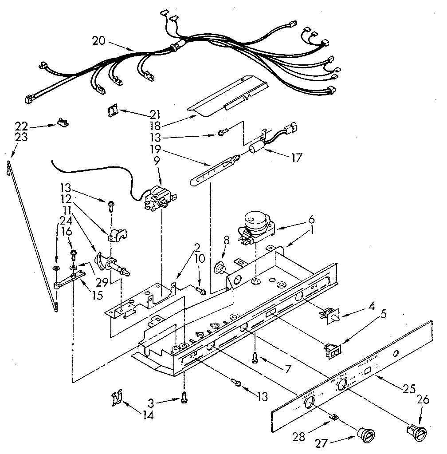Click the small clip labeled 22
(62, 122)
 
